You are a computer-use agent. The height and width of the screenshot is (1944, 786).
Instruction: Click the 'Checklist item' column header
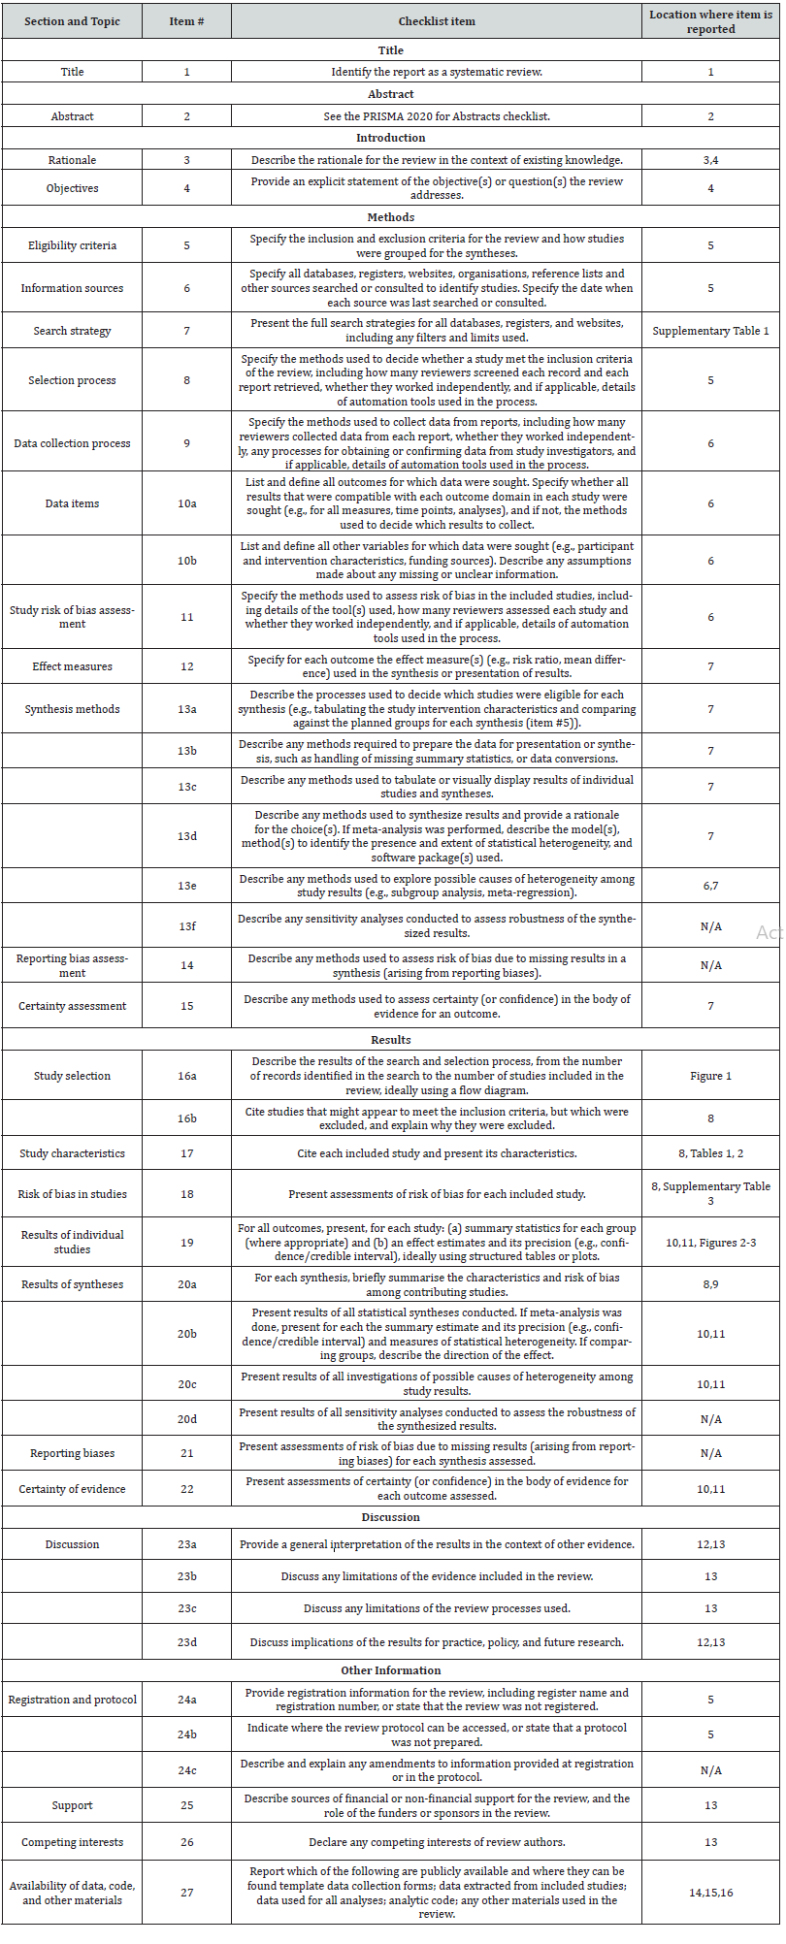pyautogui.click(x=436, y=21)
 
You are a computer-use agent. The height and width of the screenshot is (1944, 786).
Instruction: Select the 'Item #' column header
pyautogui.click(x=186, y=21)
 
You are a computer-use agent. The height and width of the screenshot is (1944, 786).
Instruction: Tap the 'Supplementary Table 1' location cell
pyautogui.click(x=710, y=331)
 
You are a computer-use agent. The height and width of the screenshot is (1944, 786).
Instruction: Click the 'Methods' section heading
pyautogui.click(x=391, y=217)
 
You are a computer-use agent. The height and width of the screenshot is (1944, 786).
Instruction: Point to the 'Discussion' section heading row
pyautogui.click(x=391, y=1517)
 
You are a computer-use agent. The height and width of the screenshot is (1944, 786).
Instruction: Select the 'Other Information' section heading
pyautogui.click(x=391, y=1670)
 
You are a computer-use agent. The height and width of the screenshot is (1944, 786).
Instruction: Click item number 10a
pyautogui.click(x=186, y=503)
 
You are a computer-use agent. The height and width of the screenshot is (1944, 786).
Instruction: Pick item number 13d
pyautogui.click(x=186, y=836)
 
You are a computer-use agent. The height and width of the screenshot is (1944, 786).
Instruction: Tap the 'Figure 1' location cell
pyautogui.click(x=710, y=1076)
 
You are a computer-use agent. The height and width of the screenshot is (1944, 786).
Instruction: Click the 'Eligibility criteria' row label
pyautogui.click(x=72, y=245)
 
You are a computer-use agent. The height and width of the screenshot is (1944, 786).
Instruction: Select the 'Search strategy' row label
pyautogui.click(x=72, y=331)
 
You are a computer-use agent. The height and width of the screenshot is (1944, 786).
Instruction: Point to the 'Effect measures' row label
pyautogui.click(x=72, y=666)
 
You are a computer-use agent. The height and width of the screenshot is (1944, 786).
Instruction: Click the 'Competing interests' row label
pyautogui.click(x=72, y=1842)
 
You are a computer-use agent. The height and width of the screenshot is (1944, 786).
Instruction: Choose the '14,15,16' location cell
pyautogui.click(x=710, y=1893)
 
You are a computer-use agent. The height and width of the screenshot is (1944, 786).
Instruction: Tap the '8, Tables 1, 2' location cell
pyautogui.click(x=710, y=1153)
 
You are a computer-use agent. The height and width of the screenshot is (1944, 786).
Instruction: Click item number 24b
pyautogui.click(x=186, y=1735)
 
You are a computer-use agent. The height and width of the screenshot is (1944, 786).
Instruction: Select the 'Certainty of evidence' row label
pyautogui.click(x=72, y=1489)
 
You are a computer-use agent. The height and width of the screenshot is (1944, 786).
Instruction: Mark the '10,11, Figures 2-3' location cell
pyautogui.click(x=710, y=1243)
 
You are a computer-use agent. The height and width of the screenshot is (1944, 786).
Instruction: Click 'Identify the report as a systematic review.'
pyautogui.click(x=436, y=72)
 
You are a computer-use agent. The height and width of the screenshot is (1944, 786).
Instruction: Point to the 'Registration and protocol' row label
pyautogui.click(x=72, y=1700)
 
